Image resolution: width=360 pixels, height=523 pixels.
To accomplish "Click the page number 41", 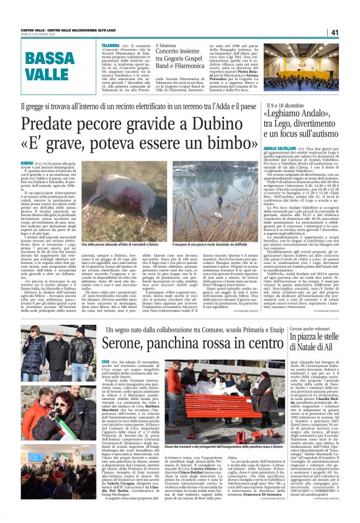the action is pyautogui.click(x=351, y=32).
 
